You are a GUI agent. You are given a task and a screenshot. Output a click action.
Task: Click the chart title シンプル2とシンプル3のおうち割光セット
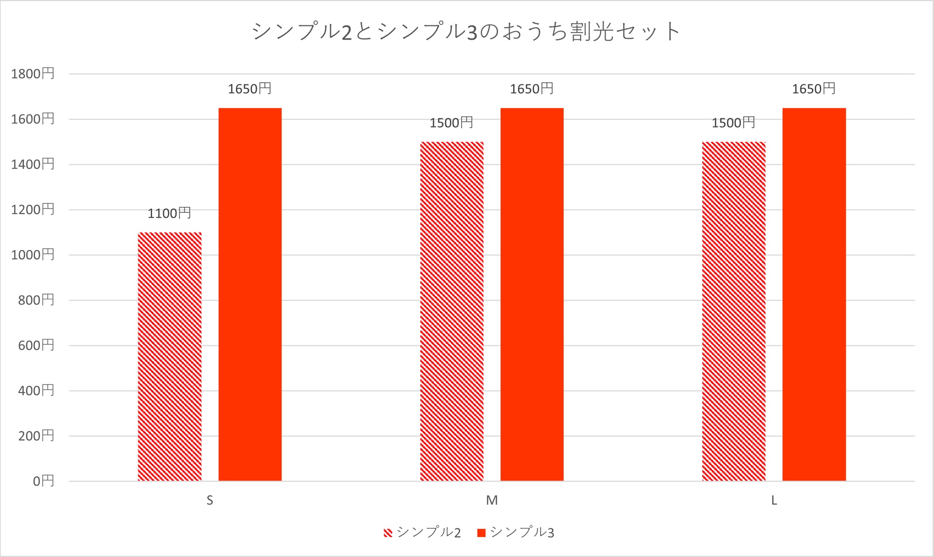[x=466, y=31]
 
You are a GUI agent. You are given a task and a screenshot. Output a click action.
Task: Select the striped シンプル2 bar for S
[x=169, y=357]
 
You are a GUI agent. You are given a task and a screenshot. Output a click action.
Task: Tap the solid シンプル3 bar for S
[x=250, y=294]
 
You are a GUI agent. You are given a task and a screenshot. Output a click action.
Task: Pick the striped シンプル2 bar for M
[x=451, y=311]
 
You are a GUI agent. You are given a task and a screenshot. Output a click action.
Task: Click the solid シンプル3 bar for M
[x=532, y=294]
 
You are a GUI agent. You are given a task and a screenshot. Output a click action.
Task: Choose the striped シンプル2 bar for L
[x=734, y=311]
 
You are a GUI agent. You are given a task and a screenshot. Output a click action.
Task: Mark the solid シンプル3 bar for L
[x=814, y=294]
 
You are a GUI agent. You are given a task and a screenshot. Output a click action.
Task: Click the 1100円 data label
[x=169, y=213]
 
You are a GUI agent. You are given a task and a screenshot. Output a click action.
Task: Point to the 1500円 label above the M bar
[x=451, y=123]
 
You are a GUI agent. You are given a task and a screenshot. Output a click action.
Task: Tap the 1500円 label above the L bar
[x=733, y=123]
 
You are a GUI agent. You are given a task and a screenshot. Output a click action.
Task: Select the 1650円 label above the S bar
[x=250, y=89]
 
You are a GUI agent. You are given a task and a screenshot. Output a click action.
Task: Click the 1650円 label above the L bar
[x=813, y=89]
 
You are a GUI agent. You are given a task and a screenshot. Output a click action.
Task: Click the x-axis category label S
[x=210, y=500]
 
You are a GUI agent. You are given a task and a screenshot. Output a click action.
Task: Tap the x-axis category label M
[x=492, y=500]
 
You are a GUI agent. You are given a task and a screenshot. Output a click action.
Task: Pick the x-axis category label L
[x=774, y=500]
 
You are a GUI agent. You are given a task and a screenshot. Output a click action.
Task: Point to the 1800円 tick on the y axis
[x=33, y=74]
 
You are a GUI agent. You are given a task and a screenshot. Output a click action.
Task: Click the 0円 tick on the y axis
[x=43, y=481]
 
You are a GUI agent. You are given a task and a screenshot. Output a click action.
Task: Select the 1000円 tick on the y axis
[x=33, y=255]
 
